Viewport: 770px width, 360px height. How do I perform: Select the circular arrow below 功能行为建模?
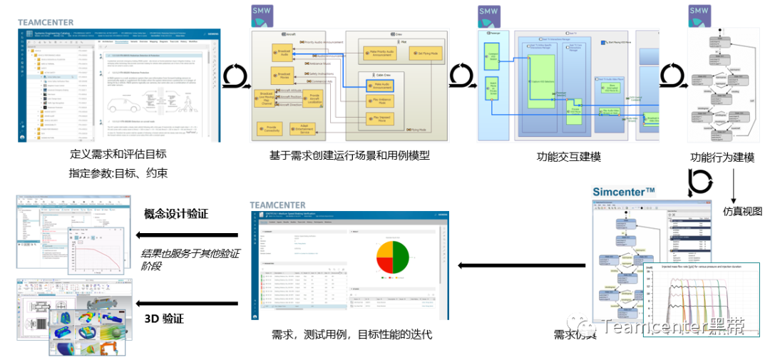point(699,182)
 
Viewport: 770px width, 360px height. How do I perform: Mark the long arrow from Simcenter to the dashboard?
point(521,266)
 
